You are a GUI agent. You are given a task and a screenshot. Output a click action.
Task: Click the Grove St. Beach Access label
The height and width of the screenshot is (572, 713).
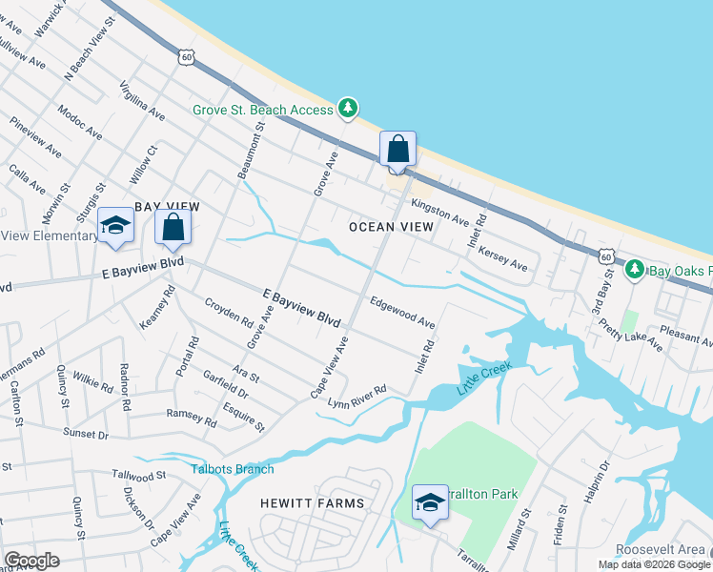[262, 110]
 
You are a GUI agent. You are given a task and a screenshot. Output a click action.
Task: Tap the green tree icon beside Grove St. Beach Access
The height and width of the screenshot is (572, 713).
[349, 109]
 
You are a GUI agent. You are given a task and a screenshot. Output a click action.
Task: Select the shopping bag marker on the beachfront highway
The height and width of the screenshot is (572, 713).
[397, 151]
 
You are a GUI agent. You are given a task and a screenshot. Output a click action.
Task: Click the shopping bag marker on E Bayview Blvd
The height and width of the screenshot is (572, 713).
[173, 229]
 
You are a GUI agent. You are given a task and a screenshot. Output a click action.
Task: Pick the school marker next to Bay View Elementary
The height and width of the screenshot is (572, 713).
[116, 226]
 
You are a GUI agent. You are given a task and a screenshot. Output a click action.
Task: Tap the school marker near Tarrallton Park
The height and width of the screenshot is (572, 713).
[429, 502]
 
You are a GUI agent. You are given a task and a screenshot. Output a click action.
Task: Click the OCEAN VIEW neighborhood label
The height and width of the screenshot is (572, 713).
[391, 227]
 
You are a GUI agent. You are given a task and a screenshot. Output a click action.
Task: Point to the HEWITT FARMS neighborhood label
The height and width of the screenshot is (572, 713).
[313, 502]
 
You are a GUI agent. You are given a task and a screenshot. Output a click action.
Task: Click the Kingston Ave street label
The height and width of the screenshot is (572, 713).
[440, 212]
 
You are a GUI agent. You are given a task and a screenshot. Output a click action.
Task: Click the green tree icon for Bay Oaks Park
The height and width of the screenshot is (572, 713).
[635, 271]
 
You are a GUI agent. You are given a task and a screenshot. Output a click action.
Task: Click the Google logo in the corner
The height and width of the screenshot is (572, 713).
[31, 561]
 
